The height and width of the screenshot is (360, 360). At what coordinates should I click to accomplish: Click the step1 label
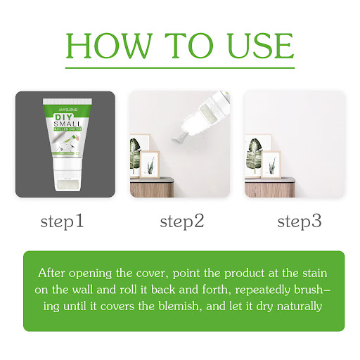(62, 221)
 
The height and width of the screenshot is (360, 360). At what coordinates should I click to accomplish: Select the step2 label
(182, 221)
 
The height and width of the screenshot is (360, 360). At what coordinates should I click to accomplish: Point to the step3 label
(300, 221)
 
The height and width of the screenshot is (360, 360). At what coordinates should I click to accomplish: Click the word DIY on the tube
(64, 117)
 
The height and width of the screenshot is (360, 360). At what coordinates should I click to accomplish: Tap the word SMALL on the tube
(67, 124)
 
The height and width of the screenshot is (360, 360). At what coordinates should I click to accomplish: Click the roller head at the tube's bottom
(67, 184)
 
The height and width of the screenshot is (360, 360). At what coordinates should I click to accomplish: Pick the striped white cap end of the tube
(67, 101)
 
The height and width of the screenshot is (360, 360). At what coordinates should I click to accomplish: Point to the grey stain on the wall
(179, 138)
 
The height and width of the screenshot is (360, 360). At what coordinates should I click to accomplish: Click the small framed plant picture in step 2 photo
(150, 165)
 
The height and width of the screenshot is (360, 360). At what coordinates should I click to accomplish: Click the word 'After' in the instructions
(51, 273)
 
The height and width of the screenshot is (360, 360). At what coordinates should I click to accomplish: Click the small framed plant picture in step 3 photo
(271, 165)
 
